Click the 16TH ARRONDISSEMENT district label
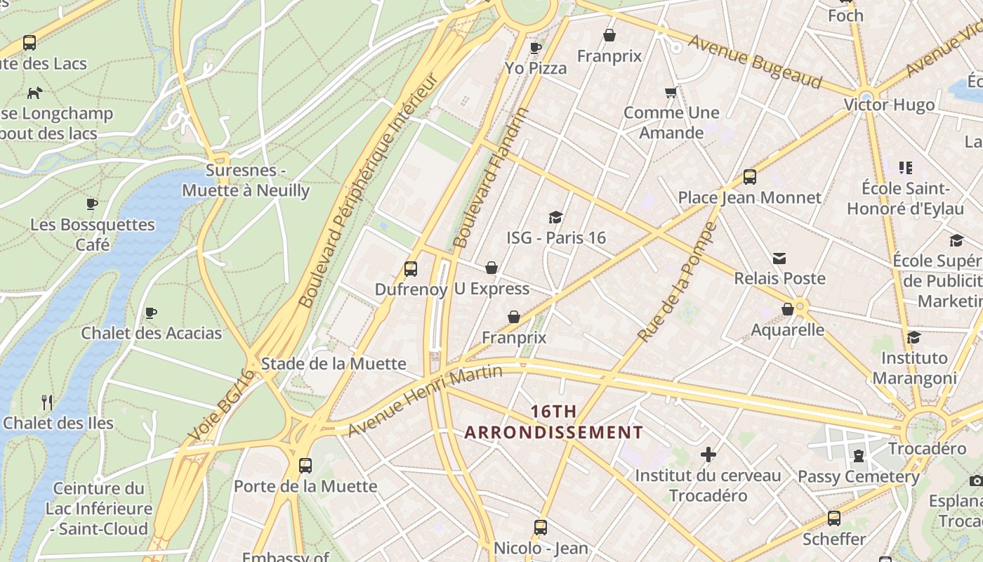click(x=553, y=421)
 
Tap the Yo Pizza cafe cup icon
click(x=536, y=48)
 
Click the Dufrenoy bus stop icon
click(x=411, y=268)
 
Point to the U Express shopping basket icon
click(x=491, y=268)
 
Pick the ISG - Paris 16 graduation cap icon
click(x=556, y=217)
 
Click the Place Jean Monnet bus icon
click(x=750, y=177)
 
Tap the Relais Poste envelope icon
click(x=779, y=259)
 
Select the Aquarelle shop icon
click(x=788, y=309)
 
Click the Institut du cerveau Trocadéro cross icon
click(x=708, y=455)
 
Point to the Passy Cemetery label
click(x=858, y=477)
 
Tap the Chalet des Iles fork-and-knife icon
click(x=47, y=403)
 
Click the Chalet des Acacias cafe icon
click(x=151, y=313)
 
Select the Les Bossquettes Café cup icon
click(x=91, y=204)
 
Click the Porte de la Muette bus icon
click(x=305, y=465)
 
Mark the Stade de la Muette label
click(x=334, y=363)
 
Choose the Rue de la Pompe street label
click(x=678, y=282)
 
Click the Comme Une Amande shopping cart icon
click(x=671, y=92)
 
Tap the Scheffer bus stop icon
click(x=834, y=518)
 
